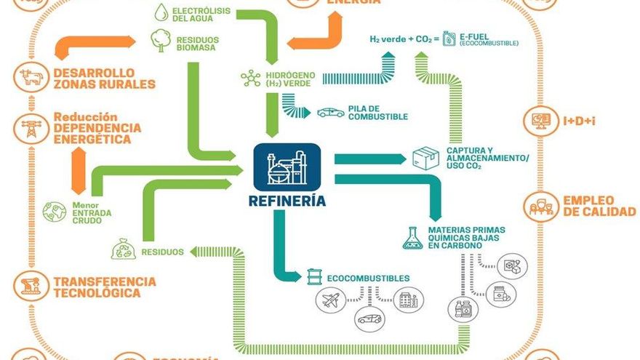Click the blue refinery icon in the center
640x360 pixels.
(287, 167)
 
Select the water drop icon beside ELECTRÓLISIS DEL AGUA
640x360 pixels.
(161, 12)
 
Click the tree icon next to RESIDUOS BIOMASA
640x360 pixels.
(160, 41)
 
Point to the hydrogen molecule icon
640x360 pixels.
(251, 79)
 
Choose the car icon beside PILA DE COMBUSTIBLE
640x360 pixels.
(331, 113)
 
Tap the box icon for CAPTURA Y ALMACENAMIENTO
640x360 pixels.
(425, 158)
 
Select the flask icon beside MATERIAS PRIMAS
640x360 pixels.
(412, 237)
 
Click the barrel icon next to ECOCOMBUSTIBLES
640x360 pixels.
(314, 278)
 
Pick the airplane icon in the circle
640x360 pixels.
(331, 300)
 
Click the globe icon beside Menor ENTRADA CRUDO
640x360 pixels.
(54, 212)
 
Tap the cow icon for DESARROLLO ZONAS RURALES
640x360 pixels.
(31, 78)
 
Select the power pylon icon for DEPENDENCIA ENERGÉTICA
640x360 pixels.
(31, 128)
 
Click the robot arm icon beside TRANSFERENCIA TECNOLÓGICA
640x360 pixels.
(31, 287)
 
